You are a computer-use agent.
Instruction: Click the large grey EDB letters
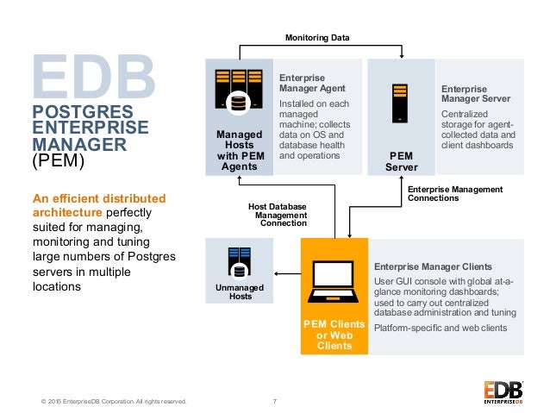point(94,75)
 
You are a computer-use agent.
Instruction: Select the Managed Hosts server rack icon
point(237,92)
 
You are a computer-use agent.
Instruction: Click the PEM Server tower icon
point(400,102)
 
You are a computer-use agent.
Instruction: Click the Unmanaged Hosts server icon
point(239,261)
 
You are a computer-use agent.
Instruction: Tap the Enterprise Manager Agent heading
point(312,83)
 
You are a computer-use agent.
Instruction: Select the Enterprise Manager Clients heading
point(433,266)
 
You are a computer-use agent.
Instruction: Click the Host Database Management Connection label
point(278,214)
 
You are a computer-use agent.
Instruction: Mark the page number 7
point(275,400)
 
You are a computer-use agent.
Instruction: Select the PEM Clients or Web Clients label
point(334,335)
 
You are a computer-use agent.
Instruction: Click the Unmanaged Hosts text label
point(240,291)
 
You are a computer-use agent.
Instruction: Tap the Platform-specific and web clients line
point(441,328)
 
